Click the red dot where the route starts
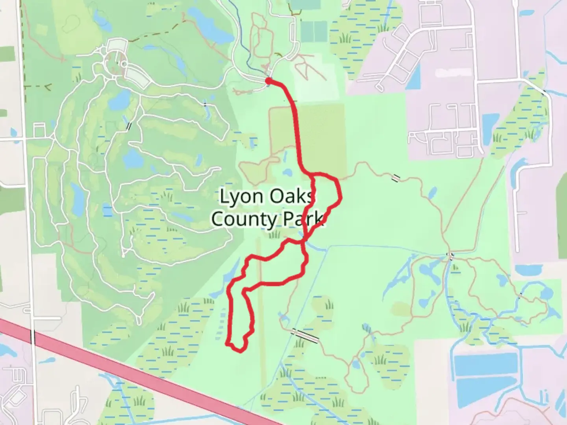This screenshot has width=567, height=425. [x=268, y=81]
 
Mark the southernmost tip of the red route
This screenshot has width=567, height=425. [x=238, y=351]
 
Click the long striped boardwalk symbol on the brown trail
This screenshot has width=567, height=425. [x=305, y=335]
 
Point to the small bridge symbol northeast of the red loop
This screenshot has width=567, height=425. [x=396, y=178]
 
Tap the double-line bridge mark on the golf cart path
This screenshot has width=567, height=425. [x=129, y=126]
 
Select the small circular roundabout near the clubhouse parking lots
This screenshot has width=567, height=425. [x=124, y=64]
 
